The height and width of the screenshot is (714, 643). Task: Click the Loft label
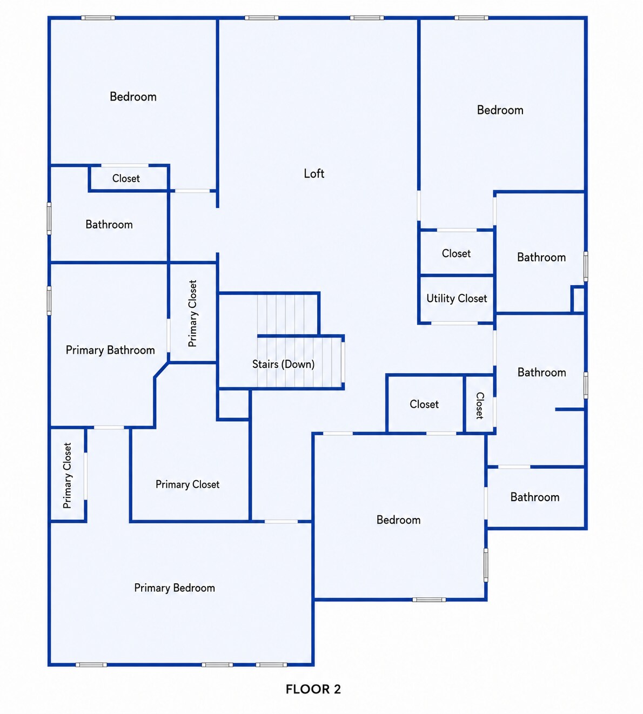coord(314,174)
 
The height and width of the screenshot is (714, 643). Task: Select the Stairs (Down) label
coord(283,364)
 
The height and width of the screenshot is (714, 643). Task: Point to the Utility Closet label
coord(457,298)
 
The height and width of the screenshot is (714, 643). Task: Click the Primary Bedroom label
coord(175,588)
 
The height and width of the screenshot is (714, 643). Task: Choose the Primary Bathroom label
coord(110,350)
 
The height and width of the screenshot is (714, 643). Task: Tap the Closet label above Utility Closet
coord(456,253)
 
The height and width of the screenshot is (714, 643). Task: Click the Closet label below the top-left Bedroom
coord(126,178)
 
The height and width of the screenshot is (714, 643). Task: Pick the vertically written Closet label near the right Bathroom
coord(479,406)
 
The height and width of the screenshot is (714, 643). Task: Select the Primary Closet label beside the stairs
coord(192,313)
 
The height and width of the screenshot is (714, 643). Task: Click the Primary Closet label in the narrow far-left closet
coord(67,475)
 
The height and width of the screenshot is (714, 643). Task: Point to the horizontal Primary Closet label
coord(187,484)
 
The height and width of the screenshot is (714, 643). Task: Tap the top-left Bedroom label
coord(133,97)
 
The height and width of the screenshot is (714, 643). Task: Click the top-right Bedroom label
coord(500,110)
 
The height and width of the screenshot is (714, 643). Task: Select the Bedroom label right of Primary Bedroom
coord(398,520)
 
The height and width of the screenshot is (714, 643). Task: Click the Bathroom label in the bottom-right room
coord(535,497)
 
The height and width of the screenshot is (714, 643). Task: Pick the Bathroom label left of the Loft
coord(109,225)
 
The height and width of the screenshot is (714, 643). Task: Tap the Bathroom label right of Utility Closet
coord(541,257)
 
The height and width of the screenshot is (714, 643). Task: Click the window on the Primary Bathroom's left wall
coord(49,301)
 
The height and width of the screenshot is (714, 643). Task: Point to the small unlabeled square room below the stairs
coord(233,405)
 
